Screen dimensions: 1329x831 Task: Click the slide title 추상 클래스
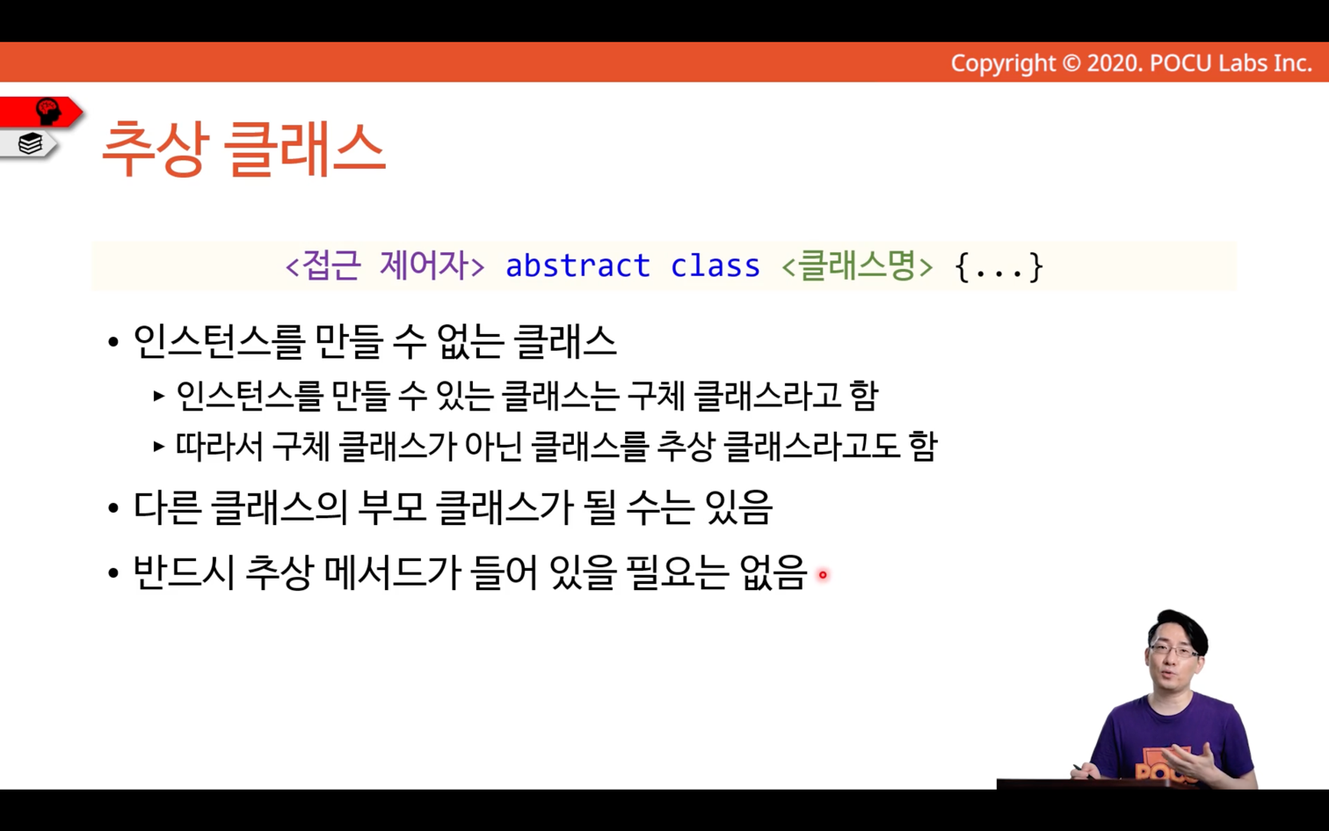243,149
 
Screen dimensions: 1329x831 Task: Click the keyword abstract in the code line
577,266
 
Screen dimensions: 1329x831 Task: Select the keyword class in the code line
715,266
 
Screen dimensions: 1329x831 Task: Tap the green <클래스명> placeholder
857,266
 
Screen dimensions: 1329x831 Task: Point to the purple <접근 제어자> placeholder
385,266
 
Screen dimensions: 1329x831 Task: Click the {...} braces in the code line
999,266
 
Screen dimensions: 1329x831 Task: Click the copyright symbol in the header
1071,63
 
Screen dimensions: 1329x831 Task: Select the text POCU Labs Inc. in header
1231,63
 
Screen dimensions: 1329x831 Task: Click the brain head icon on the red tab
47,111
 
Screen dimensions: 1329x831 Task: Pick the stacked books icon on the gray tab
30,143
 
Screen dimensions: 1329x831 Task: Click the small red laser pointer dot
823,574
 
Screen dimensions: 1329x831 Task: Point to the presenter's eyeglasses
1173,651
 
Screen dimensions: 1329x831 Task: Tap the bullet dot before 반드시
113,573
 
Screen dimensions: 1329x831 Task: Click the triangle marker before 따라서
158,446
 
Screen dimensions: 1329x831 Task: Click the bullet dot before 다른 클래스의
113,508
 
